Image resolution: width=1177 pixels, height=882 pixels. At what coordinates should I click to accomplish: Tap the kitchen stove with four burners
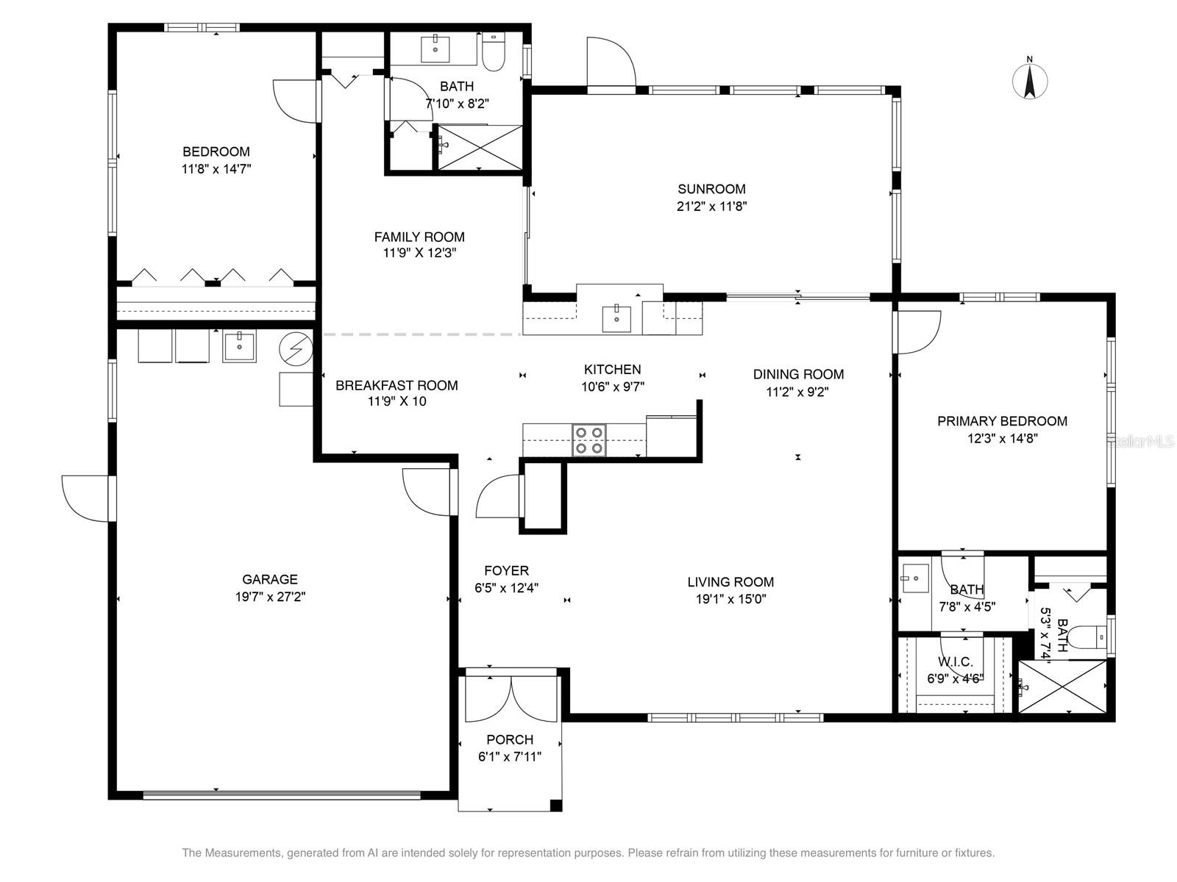pos(589,440)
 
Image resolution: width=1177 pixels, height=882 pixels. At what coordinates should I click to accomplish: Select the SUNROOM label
pos(711,189)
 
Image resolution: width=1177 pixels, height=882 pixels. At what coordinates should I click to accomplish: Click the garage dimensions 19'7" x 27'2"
pos(270,597)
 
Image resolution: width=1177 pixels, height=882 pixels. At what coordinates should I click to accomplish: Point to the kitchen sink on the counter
pos(616,318)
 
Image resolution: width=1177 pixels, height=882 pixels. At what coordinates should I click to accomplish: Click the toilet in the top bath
pos(493,52)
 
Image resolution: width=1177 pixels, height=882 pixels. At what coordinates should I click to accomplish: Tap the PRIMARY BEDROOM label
pos(1002,421)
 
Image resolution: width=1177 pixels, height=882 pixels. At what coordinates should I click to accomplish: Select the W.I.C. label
pos(956,662)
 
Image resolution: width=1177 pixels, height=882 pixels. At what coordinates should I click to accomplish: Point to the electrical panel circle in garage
pos(296,348)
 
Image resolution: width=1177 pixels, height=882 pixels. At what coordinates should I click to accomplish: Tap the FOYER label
pos(506,570)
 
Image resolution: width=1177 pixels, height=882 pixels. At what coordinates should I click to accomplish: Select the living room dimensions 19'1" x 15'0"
pos(730,599)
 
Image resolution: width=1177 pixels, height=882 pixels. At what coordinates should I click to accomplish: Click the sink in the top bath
pos(436,48)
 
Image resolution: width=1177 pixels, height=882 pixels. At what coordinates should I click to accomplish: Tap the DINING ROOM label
pos(798,374)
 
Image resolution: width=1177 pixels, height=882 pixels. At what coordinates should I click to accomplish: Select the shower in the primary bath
pos(1062,686)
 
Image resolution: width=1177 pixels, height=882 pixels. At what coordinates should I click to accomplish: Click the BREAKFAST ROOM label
pos(397,385)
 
